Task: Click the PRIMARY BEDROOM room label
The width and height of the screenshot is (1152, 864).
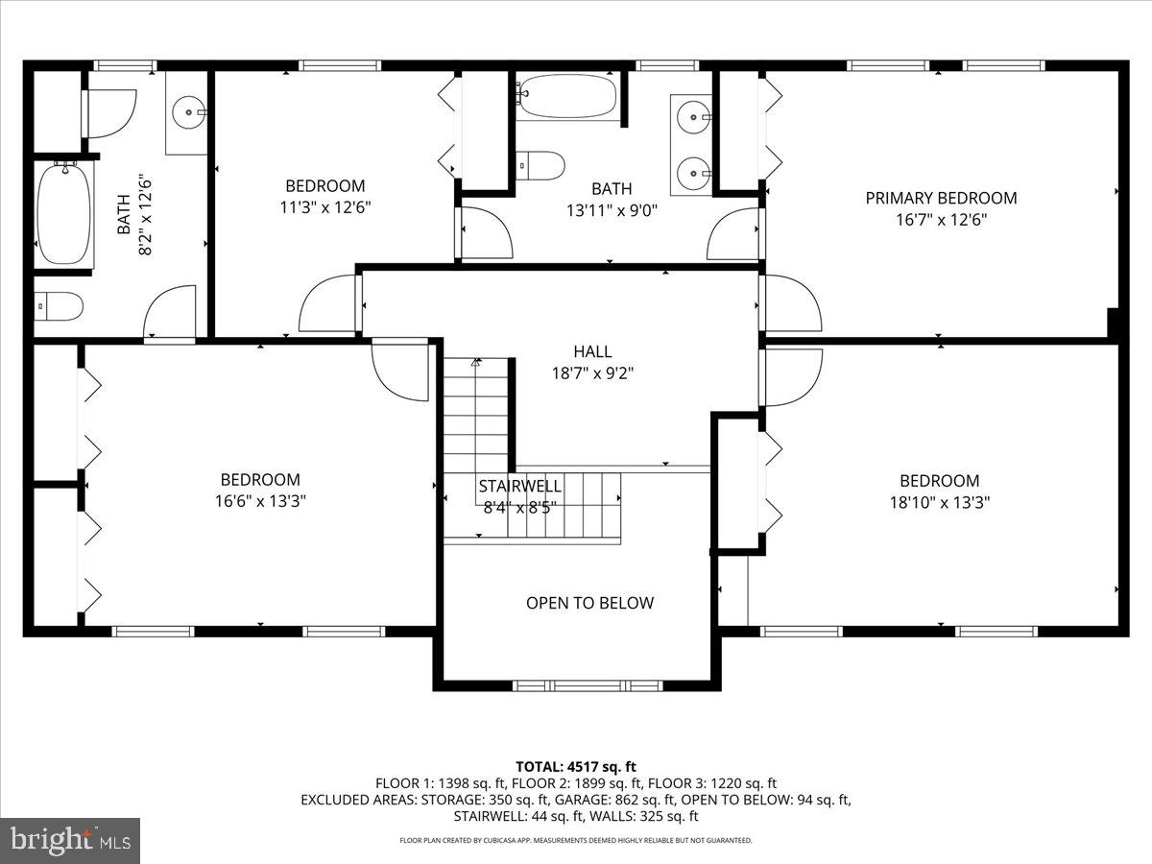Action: click(x=941, y=199)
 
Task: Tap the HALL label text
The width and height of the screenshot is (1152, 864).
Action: click(x=592, y=352)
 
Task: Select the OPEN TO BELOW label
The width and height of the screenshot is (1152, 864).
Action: click(x=589, y=603)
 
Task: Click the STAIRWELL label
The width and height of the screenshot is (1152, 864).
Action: click(x=519, y=486)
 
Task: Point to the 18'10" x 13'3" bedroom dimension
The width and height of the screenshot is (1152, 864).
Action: click(x=940, y=501)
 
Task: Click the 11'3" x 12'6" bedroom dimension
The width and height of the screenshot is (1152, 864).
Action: click(x=325, y=206)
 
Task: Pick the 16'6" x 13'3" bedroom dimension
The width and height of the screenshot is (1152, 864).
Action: click(x=260, y=500)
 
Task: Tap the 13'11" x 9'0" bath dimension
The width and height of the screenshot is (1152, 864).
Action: click(x=612, y=209)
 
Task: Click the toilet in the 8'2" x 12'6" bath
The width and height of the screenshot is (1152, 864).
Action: click(x=59, y=306)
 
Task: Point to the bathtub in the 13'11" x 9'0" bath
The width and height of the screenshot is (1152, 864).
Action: click(x=566, y=96)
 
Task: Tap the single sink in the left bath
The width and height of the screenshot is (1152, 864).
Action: click(x=186, y=112)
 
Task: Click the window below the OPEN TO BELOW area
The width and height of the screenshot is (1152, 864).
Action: click(x=588, y=685)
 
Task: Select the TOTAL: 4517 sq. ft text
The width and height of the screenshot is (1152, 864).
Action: click(x=576, y=766)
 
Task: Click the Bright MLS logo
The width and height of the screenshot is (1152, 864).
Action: click(x=70, y=841)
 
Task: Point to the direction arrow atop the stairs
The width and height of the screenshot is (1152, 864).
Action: click(x=475, y=363)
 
